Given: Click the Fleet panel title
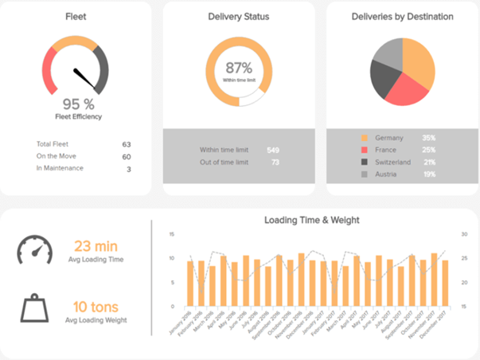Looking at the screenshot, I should [x=77, y=17].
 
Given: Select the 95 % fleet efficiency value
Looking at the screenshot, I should [x=77, y=104].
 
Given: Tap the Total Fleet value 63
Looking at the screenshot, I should [x=127, y=144].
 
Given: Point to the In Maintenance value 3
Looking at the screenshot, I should [x=129, y=168].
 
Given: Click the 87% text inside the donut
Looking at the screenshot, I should [x=239, y=68].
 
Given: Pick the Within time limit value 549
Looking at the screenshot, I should [x=273, y=150].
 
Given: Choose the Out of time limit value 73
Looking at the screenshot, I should [x=275, y=162].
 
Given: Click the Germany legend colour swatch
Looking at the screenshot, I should [x=365, y=138].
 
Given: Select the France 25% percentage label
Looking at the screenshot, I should [x=429, y=150].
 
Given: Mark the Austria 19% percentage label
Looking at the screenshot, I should [x=429, y=174].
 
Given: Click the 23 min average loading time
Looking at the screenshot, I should [x=96, y=247].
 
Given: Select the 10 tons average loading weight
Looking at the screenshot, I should [x=96, y=306].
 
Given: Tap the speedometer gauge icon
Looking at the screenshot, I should [x=35, y=250].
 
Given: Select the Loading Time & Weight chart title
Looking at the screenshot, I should [x=311, y=220].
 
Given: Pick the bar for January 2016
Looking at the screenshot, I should [x=190, y=284].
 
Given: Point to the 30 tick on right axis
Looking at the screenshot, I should [x=464, y=234].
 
